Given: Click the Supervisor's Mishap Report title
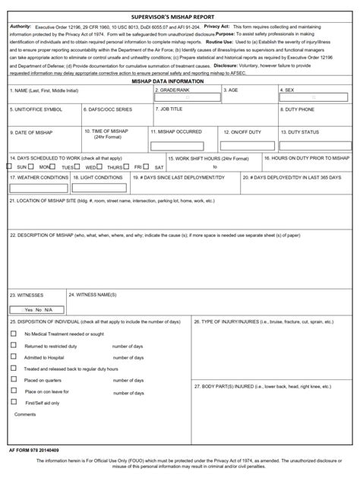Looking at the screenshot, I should [180, 16].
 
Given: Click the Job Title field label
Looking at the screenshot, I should [171, 109].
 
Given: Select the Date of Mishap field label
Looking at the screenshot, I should [31, 131].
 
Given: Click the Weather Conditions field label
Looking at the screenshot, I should [39, 177].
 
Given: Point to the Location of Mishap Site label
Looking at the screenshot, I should [112, 201].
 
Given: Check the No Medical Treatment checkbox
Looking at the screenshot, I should [13, 334].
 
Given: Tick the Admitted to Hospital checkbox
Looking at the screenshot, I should [13, 356].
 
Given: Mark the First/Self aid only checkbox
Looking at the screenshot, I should [13, 402].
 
